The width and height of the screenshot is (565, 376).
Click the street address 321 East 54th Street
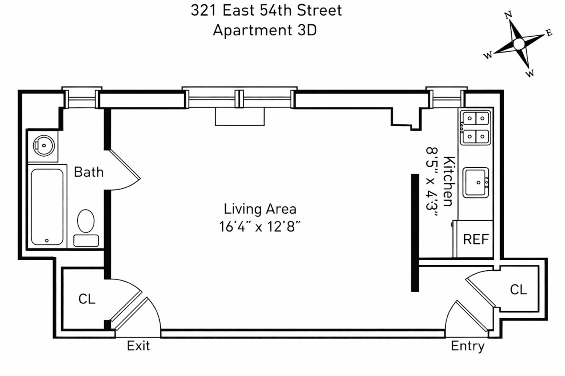[266, 10]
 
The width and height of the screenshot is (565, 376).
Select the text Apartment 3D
[264, 30]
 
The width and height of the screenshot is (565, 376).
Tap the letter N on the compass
[508, 16]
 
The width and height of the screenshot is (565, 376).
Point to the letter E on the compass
[549, 33]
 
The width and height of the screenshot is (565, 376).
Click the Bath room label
[89, 172]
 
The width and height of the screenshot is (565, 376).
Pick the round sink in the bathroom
[44, 146]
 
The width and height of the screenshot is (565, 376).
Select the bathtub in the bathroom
[47, 206]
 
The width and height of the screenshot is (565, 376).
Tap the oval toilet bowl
[86, 221]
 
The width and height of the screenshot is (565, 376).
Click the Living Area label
[260, 209]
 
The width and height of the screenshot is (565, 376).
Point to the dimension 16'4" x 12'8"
[260, 227]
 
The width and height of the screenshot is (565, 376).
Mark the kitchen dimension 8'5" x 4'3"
[432, 181]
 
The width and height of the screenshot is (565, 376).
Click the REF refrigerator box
[476, 240]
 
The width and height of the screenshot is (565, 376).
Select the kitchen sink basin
[476, 182]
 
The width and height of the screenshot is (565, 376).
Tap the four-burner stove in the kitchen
[475, 127]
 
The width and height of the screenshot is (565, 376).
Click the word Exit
[138, 346]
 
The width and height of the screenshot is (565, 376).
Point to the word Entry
[468, 346]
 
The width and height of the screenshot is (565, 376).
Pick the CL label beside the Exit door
[87, 299]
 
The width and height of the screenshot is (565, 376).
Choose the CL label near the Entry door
[518, 290]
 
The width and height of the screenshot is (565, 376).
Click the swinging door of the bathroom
[125, 165]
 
